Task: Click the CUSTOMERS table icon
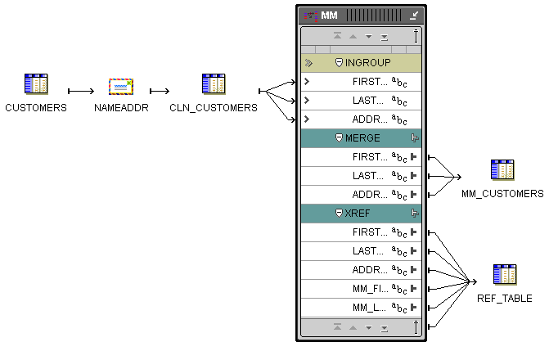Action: pos(36,84)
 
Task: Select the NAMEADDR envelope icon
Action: pos(121,87)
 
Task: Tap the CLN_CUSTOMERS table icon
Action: pos(214,84)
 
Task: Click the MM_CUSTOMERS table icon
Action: pos(502,170)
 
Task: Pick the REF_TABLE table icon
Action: pos(505,275)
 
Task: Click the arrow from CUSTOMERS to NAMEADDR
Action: pos(81,91)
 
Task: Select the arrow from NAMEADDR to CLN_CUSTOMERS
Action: pos(160,91)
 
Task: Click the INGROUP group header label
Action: pos(367,63)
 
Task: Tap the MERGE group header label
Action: pos(362,138)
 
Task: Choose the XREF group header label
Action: pos(357,214)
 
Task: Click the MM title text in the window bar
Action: pos(329,16)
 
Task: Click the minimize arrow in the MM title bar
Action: pos(414,16)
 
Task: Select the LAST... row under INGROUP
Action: pos(361,101)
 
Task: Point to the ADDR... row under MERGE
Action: pos(361,195)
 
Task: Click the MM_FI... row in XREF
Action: pos(361,289)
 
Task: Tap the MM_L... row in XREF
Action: pos(361,308)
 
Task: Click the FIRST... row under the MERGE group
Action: pos(361,157)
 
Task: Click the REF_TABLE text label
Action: pos(505,299)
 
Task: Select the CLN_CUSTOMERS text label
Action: pos(214,107)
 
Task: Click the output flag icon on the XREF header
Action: pos(415,214)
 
